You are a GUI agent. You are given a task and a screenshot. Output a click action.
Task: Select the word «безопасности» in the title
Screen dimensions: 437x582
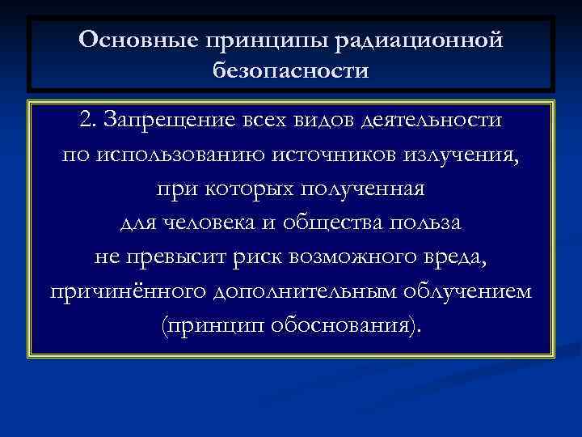[x=291, y=72]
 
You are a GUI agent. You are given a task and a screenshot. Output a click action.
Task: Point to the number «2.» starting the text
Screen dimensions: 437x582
[x=89, y=120]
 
